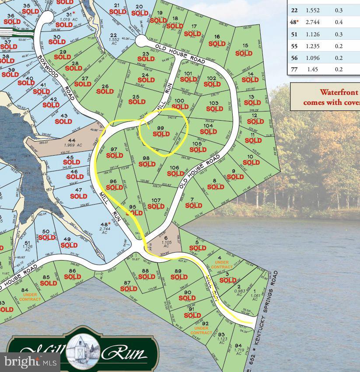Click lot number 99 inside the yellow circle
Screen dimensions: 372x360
(160, 127)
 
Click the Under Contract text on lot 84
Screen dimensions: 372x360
(30, 297)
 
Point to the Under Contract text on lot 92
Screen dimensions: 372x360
(201, 330)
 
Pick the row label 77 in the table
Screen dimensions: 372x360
(294, 69)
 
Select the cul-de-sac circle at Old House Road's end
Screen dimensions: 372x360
(141, 41)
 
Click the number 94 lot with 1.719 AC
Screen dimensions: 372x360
(238, 346)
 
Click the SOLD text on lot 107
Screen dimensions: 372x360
(156, 207)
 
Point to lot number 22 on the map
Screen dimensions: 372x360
(114, 35)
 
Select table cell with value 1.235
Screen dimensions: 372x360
(313, 46)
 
